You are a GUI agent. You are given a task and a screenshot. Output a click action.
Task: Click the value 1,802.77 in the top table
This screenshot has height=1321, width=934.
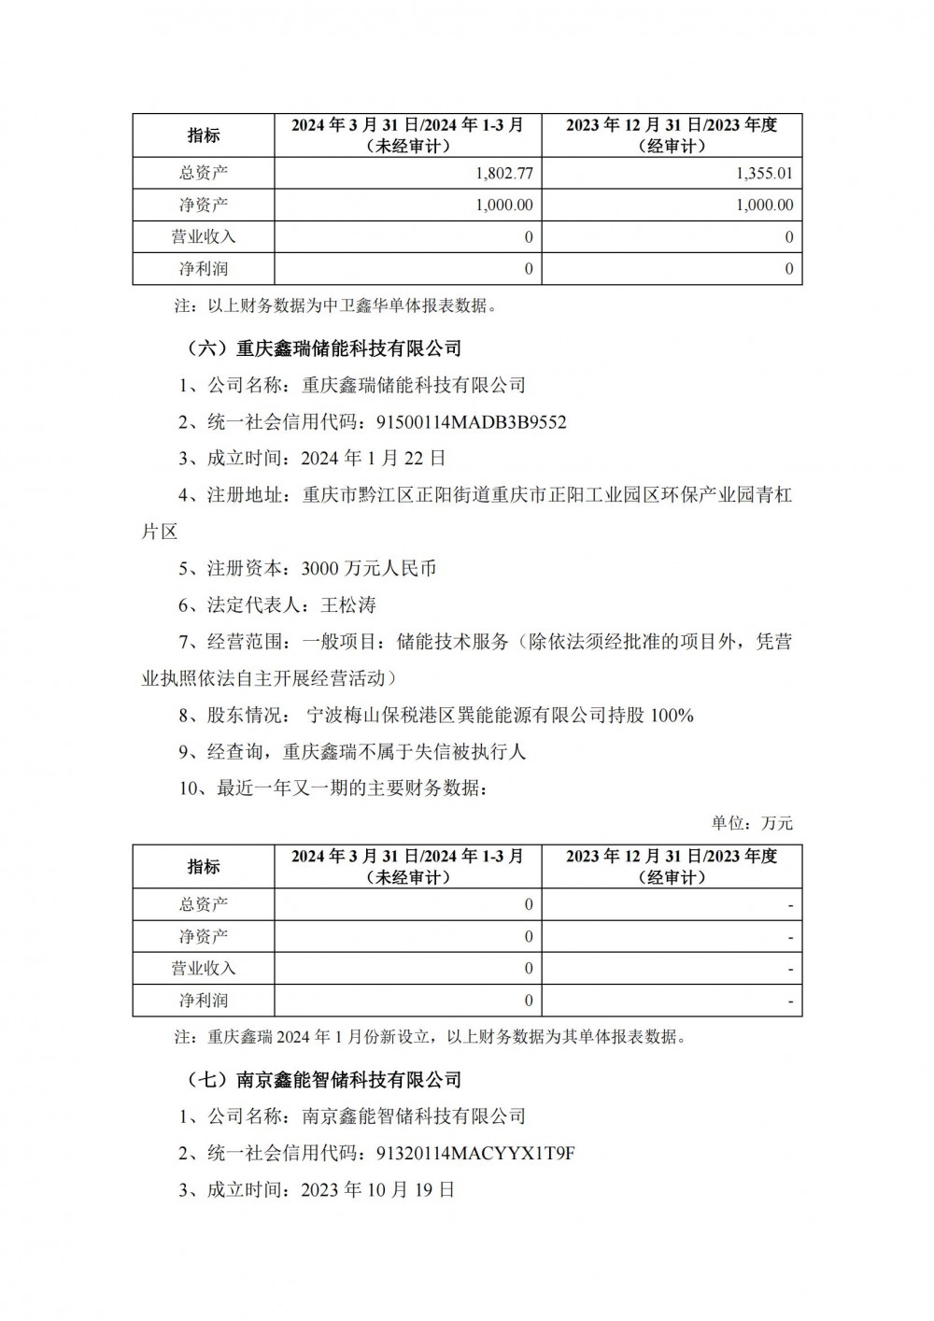504,173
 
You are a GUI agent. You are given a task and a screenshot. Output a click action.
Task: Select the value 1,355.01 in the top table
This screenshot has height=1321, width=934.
764,173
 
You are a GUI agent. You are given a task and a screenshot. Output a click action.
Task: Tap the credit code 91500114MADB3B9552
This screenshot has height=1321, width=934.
471,421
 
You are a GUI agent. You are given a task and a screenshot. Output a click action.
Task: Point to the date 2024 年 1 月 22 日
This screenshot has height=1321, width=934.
374,458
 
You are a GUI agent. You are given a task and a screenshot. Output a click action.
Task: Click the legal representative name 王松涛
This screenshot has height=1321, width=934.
347,604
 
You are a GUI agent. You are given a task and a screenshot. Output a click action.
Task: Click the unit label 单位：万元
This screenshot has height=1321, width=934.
752,823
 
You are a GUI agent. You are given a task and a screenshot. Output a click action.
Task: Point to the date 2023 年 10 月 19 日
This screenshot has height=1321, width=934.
378,1190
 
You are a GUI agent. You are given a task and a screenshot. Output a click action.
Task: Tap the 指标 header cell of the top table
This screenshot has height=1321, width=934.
204,135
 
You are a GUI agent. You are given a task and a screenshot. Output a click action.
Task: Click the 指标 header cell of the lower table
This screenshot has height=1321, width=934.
204,867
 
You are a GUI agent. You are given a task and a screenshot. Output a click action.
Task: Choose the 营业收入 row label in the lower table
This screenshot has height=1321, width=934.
204,969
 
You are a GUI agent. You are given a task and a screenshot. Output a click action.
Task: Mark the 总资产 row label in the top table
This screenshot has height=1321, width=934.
204,173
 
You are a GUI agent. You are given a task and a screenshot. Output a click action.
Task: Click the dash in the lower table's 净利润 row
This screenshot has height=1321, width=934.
790,1001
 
